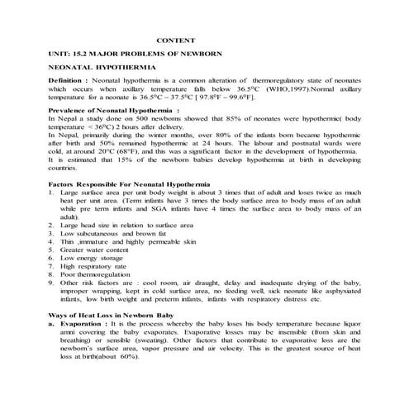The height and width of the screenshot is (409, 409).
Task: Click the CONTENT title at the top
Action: [x=176, y=39]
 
